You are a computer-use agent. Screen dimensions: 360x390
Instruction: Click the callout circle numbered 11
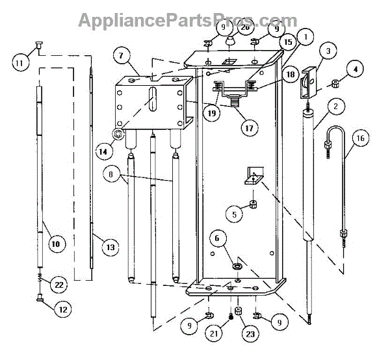click(x=21, y=62)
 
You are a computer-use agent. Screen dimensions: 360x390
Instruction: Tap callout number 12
click(x=62, y=311)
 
